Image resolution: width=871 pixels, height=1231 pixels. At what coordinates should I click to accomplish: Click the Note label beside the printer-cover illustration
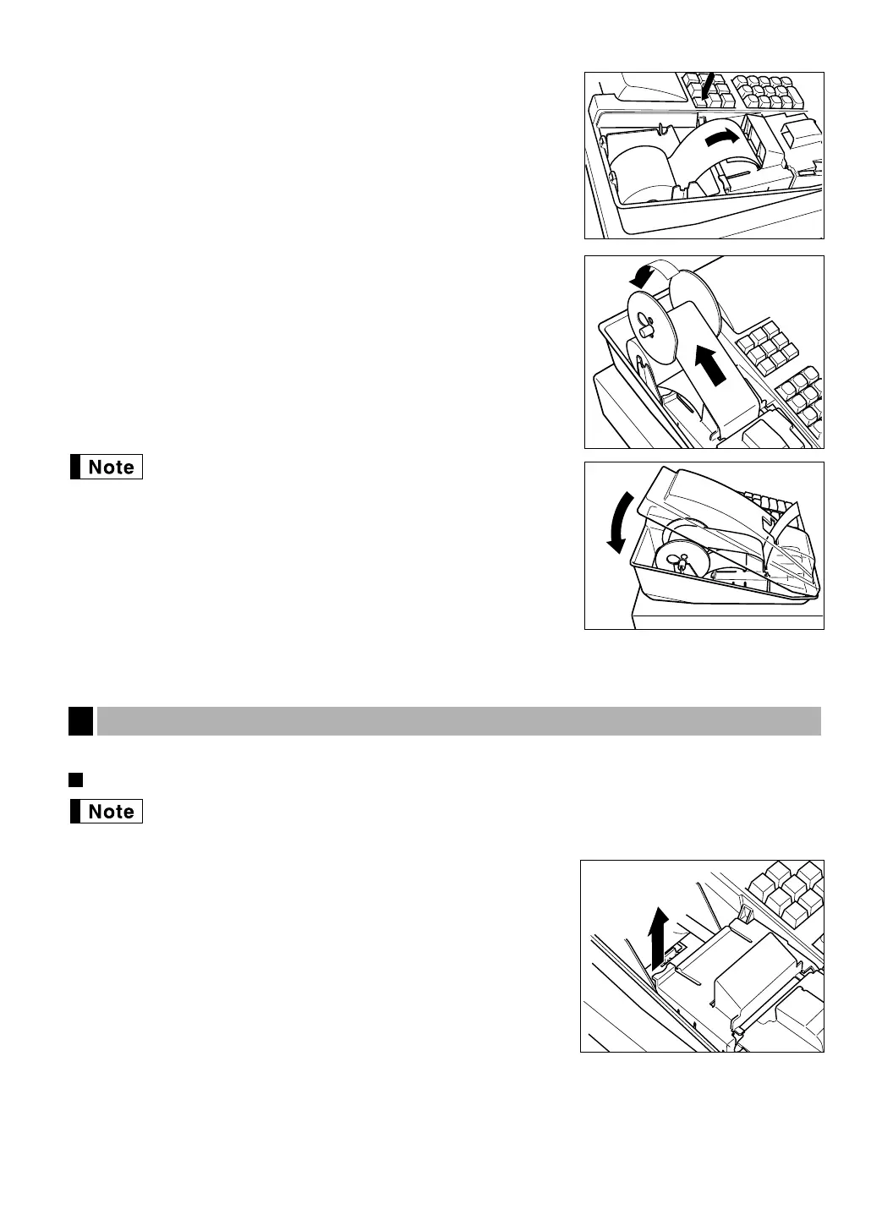(107, 468)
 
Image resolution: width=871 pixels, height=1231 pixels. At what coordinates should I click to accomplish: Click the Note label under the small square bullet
(107, 812)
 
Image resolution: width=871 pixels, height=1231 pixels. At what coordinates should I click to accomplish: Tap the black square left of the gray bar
(80, 721)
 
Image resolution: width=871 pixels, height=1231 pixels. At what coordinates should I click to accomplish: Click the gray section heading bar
(459, 721)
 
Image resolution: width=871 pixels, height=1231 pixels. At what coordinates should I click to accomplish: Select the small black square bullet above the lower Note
(74, 778)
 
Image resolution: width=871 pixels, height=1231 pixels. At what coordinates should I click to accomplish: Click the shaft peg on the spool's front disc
(644, 331)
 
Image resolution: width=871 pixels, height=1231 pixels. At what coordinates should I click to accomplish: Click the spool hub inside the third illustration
(679, 561)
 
